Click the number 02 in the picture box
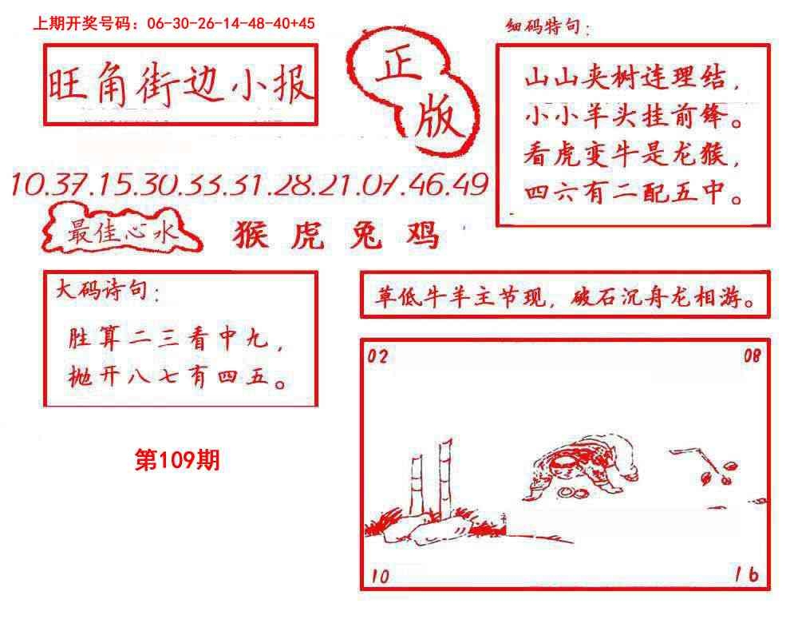(x=377, y=355)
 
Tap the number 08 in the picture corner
(x=753, y=355)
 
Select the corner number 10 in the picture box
(x=380, y=576)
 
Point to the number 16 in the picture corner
(x=747, y=574)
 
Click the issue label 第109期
(x=177, y=460)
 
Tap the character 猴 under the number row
(x=251, y=235)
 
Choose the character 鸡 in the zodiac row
(x=422, y=235)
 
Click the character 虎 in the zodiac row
(x=308, y=236)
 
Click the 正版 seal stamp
(x=413, y=92)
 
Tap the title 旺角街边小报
(x=180, y=84)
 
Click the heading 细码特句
(x=547, y=26)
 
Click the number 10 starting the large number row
(x=28, y=184)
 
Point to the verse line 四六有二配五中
(x=633, y=192)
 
